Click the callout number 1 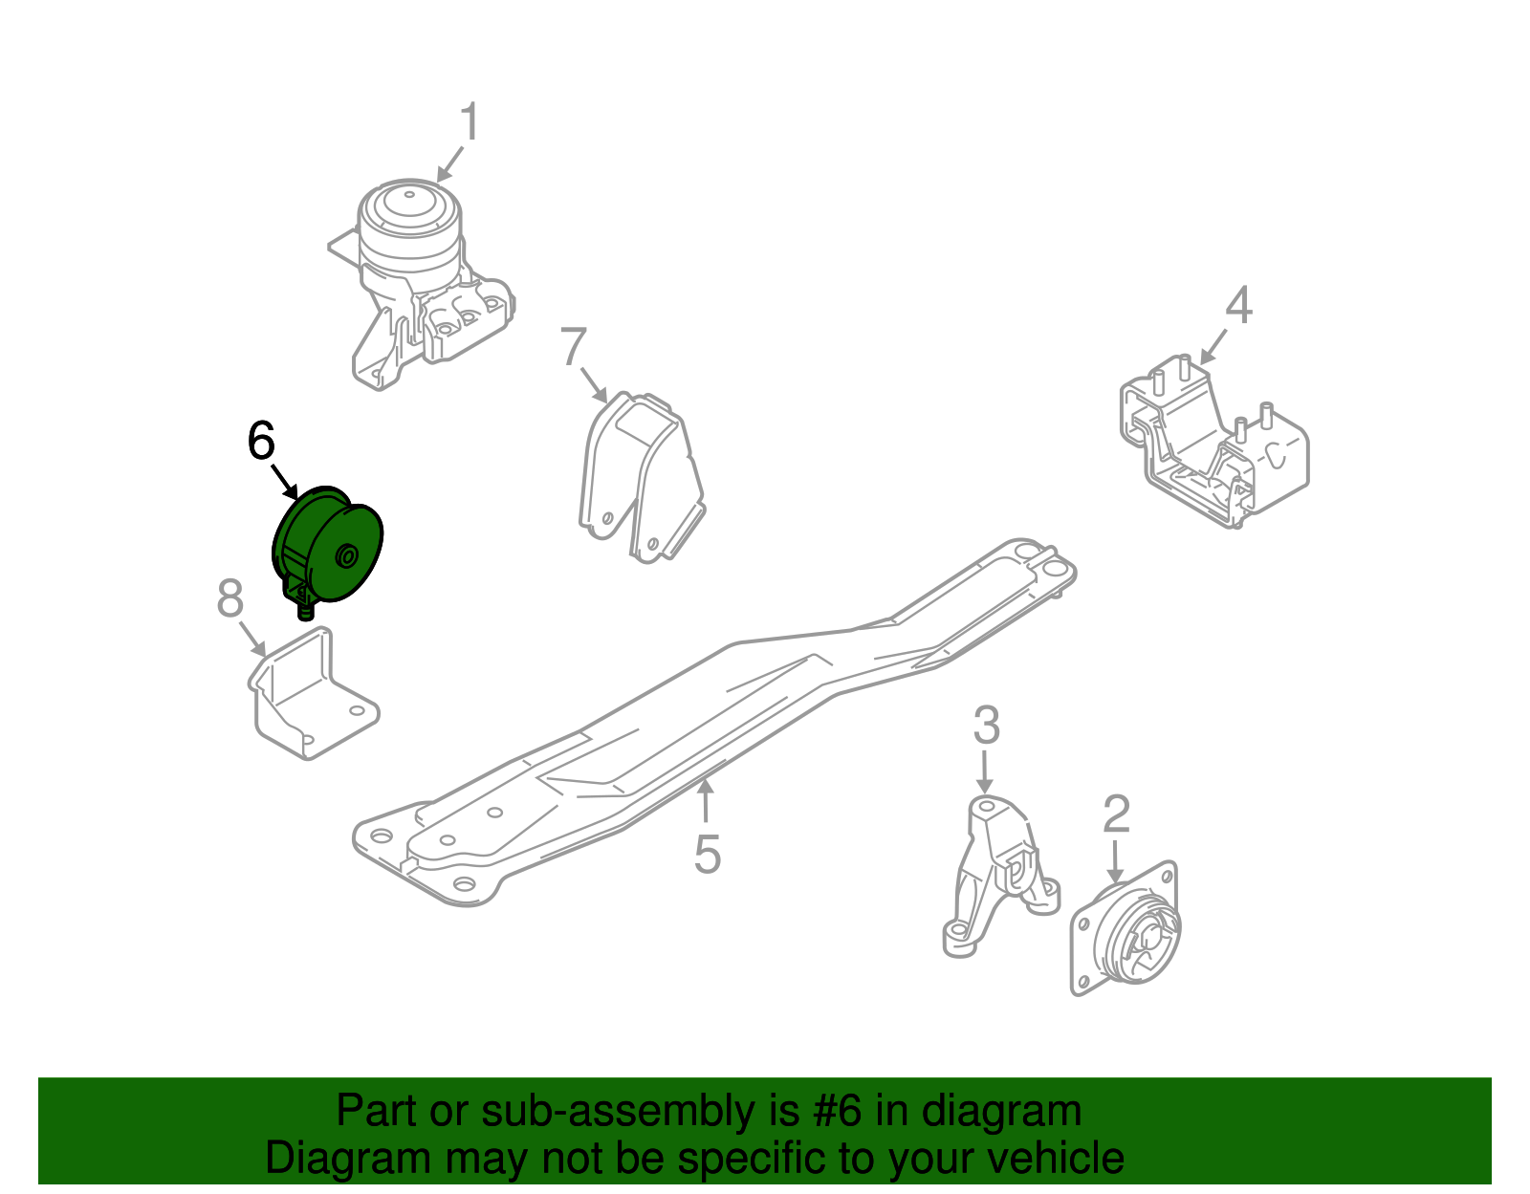coord(469,123)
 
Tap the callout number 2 coord(1116,814)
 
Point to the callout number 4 coord(1238,306)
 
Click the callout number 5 coord(707,854)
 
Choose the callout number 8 coord(229,599)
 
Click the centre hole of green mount coord(347,556)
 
